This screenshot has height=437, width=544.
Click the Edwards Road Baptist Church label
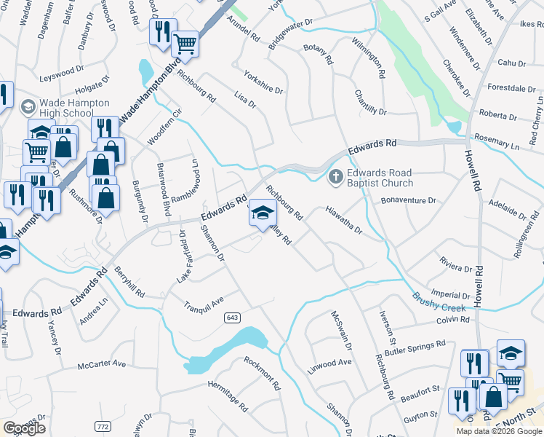coord(380,178)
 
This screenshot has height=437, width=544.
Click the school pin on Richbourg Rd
coord(263,213)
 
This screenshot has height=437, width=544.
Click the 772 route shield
coord(103,425)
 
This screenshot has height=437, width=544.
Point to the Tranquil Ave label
coord(203,303)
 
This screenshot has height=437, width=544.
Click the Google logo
coord(25,428)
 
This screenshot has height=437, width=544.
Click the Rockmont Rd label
coord(262,373)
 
